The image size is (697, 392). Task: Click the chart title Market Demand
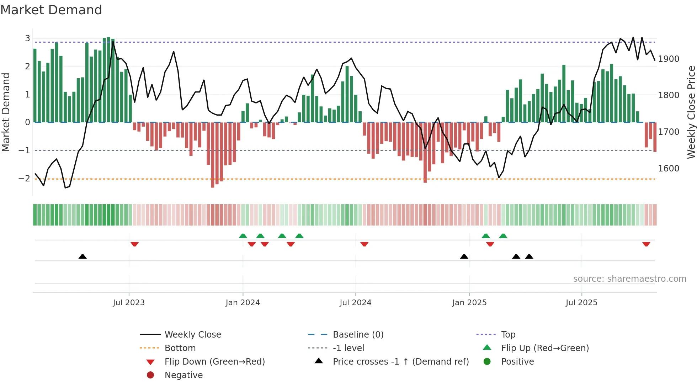click(51, 10)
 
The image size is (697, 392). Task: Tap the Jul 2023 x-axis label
click(129, 303)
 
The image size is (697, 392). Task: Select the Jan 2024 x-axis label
click(243, 303)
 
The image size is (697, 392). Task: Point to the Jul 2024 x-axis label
click(355, 303)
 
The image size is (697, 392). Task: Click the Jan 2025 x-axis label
click(469, 303)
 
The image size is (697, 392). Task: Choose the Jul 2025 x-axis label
click(581, 303)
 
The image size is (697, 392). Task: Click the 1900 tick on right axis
click(669, 59)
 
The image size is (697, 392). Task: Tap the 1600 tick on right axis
click(669, 169)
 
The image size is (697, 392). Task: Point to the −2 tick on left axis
click(24, 179)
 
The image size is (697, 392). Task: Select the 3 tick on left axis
click(27, 38)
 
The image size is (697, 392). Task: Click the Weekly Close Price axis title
click(691, 112)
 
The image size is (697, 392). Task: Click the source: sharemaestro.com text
click(629, 279)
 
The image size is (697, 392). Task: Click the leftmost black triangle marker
click(83, 256)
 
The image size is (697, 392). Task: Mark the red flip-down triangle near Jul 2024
click(364, 244)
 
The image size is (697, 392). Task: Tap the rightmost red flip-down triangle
click(646, 244)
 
